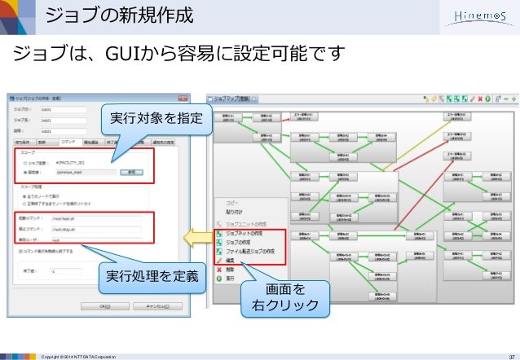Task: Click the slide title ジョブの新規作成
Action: coord(119,15)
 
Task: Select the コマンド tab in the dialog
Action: coord(68,142)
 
